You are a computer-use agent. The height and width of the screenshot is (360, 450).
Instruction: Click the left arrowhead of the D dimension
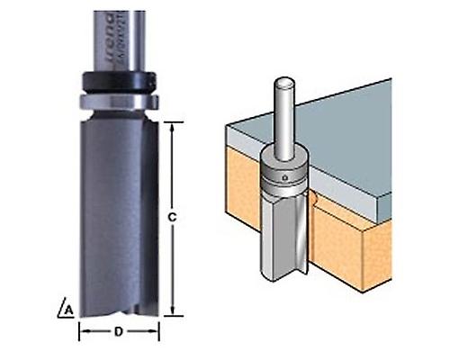click(x=83, y=331)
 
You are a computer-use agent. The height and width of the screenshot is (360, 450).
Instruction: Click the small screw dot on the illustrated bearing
click(x=285, y=179)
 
